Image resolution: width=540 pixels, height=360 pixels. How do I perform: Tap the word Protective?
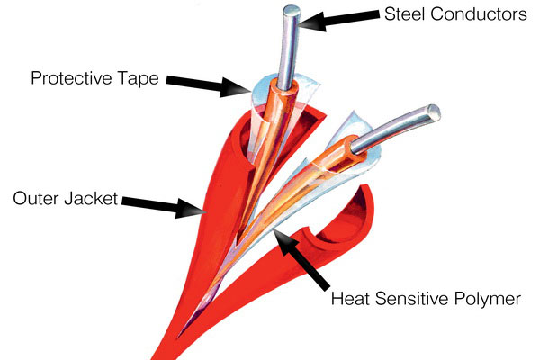point(71,78)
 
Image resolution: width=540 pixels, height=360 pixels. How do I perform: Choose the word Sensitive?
point(412,298)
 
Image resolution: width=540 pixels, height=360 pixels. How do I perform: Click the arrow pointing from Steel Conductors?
point(338,19)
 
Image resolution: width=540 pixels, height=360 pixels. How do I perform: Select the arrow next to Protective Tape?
point(209,85)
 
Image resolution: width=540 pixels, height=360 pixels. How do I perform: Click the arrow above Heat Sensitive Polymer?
point(301,259)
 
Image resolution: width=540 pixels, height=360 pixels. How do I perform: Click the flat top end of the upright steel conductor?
point(292,10)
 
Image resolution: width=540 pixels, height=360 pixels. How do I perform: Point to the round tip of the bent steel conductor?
point(434,112)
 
